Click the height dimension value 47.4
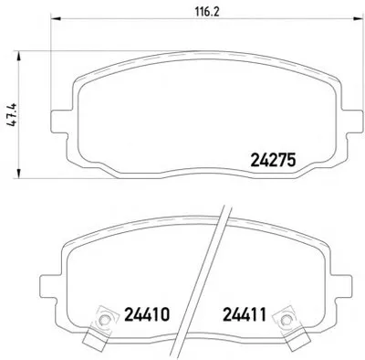click(x=13, y=115)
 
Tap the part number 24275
click(x=273, y=160)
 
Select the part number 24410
click(x=147, y=314)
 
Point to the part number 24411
click(x=245, y=314)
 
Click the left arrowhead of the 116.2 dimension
click(x=57, y=19)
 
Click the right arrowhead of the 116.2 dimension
click(x=359, y=19)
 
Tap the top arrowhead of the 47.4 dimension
click(x=19, y=56)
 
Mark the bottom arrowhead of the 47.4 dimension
click(x=19, y=173)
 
